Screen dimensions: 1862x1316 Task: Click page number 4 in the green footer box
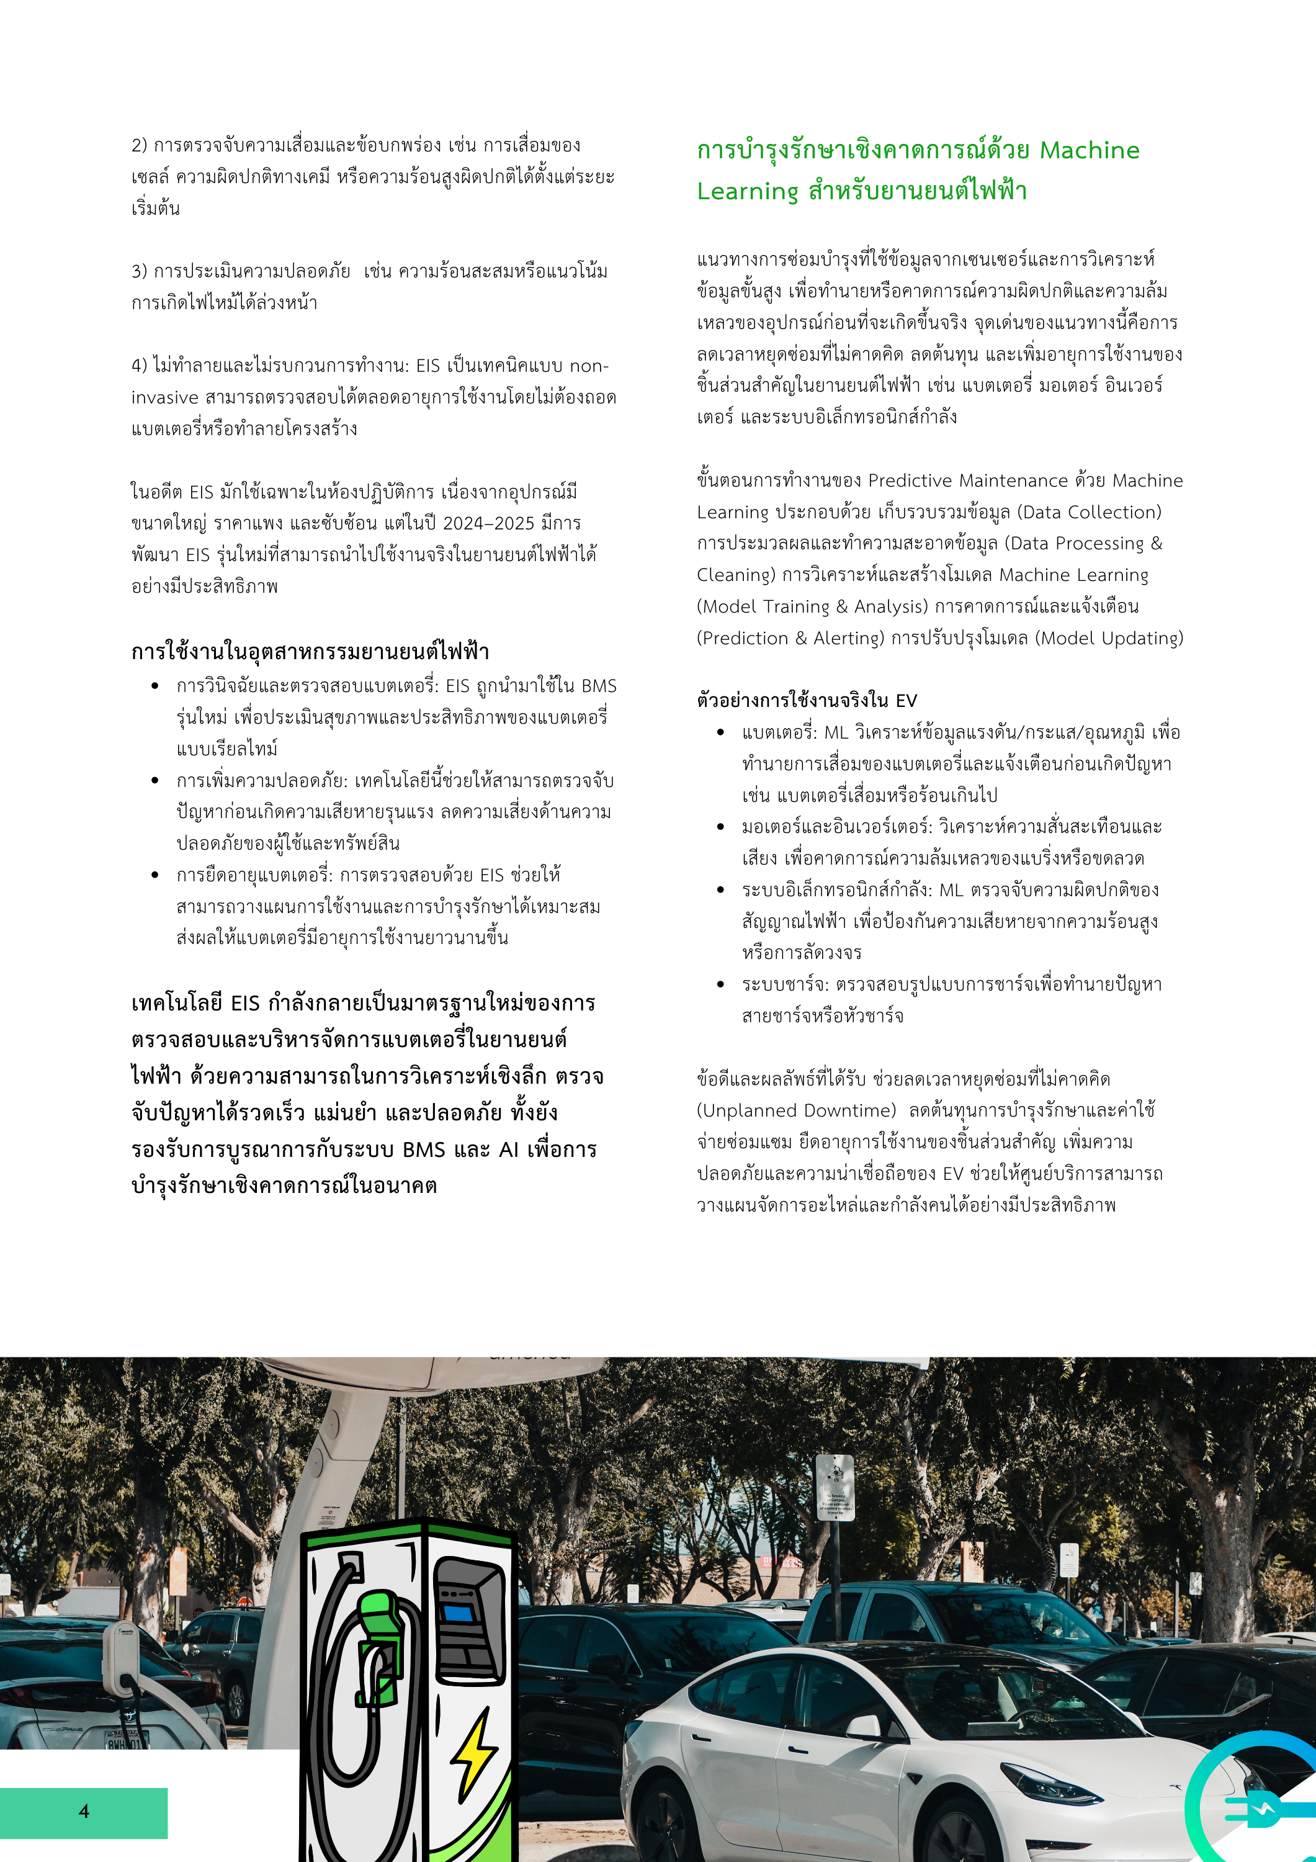coord(84,1811)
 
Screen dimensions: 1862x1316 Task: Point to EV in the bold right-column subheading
coord(906,701)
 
